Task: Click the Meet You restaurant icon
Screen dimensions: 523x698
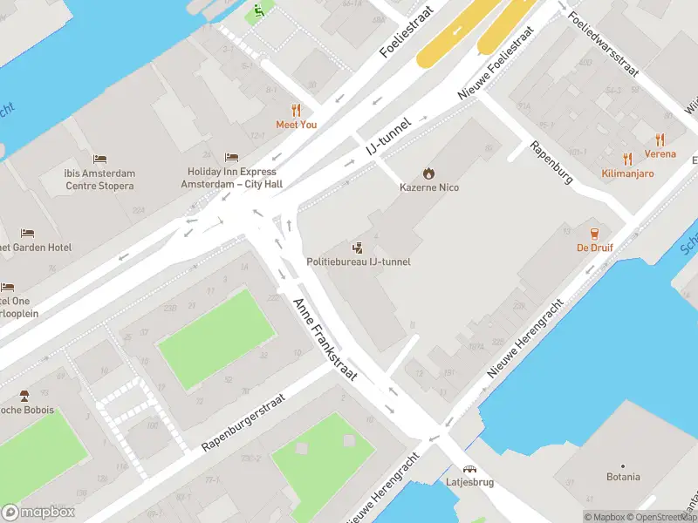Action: [296, 110]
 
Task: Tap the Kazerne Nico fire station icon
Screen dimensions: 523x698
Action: [428, 173]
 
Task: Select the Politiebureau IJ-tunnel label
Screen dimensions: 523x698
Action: [358, 261]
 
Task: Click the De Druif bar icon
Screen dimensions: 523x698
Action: [594, 233]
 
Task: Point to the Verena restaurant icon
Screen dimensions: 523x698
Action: [660, 139]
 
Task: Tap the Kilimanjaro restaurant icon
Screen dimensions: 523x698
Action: [627, 159]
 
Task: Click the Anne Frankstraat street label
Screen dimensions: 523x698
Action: [325, 338]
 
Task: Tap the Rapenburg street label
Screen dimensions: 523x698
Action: [551, 162]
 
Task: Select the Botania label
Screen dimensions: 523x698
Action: [623, 477]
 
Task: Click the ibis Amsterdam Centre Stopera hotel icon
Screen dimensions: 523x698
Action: [99, 160]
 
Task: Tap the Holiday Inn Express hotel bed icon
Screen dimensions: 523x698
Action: [231, 157]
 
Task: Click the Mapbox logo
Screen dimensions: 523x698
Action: [38, 512]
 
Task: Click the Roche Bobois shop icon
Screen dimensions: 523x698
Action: [24, 396]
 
